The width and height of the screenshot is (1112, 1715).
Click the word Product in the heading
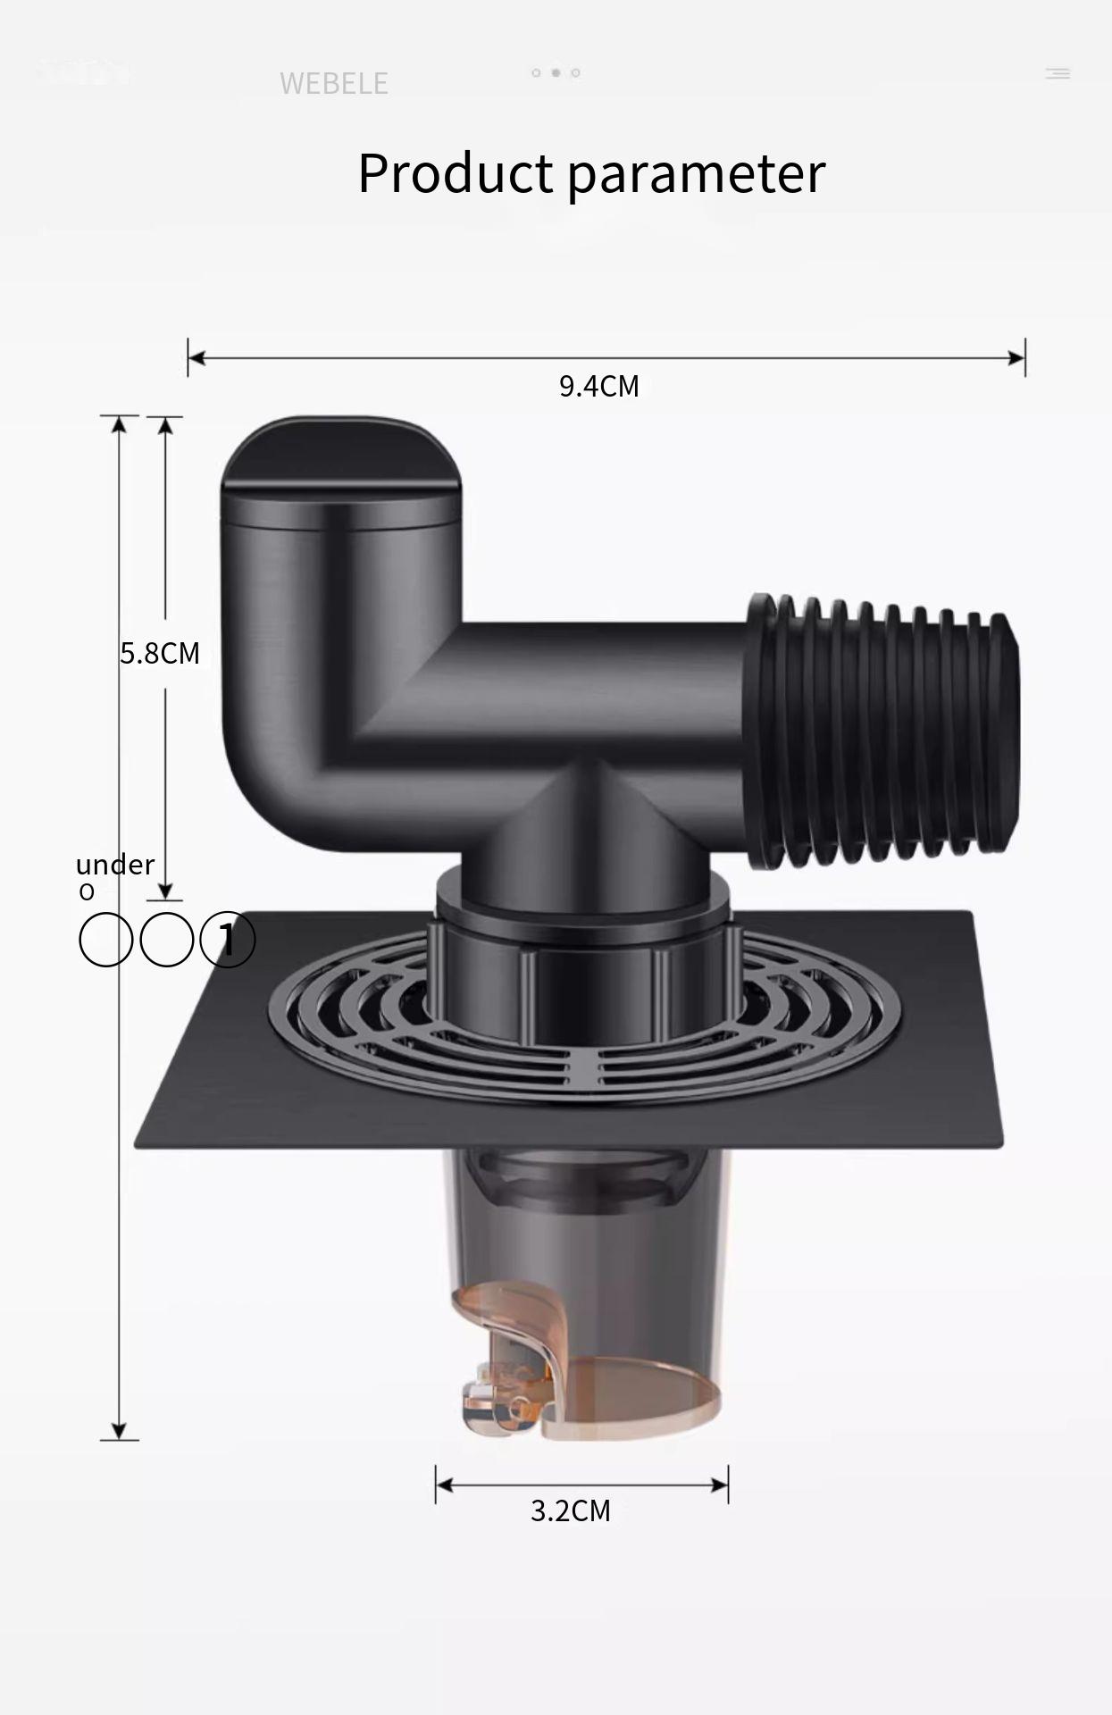[x=456, y=173]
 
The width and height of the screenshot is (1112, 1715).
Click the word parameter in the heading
[x=696, y=173]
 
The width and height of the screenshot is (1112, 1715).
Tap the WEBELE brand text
[x=333, y=84]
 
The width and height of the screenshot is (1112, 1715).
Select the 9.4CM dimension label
[x=598, y=386]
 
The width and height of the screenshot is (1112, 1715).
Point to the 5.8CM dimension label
[x=160, y=653]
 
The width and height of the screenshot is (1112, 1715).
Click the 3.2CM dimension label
[x=570, y=1510]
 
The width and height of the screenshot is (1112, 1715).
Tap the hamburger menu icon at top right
[x=1058, y=73]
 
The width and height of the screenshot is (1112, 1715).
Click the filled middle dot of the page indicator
[x=556, y=72]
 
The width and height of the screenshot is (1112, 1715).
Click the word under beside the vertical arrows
[x=115, y=865]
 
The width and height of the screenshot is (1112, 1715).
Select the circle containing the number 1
[x=227, y=940]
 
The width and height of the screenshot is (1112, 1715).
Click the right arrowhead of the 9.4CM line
[x=1016, y=358]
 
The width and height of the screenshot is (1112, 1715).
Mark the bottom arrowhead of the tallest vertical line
[x=119, y=1430]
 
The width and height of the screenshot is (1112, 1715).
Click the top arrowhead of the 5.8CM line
[x=165, y=426]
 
